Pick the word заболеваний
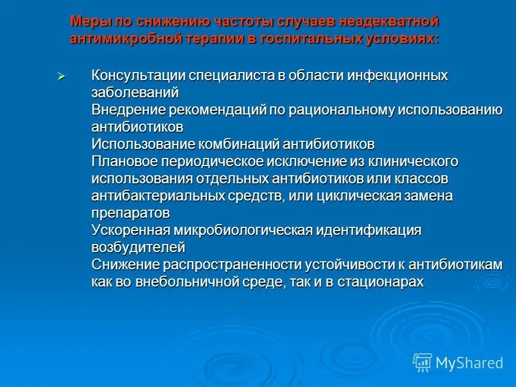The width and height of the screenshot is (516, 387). (135, 93)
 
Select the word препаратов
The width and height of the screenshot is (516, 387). (131, 213)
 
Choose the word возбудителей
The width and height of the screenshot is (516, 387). (138, 248)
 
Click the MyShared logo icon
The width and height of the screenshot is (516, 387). (422, 362)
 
